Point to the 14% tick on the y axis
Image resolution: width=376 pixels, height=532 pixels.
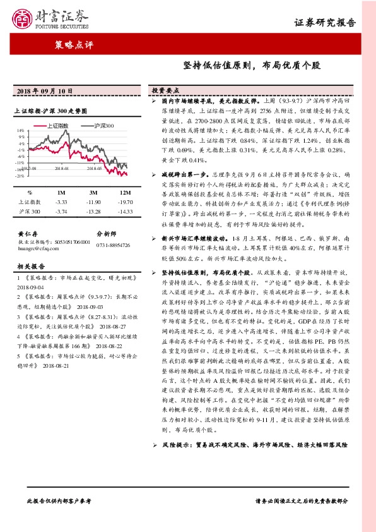(21, 130)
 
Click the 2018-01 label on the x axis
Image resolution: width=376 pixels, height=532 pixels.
(62, 169)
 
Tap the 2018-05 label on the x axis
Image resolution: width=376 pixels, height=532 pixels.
(95, 169)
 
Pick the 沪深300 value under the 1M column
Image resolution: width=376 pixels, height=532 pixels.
(61, 210)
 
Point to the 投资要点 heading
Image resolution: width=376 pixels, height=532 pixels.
(166, 90)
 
